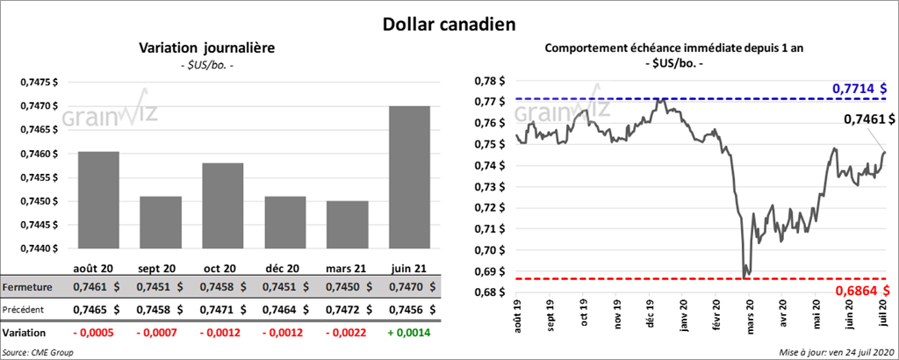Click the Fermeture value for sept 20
click(x=162, y=287)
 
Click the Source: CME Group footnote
click(x=38, y=352)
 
